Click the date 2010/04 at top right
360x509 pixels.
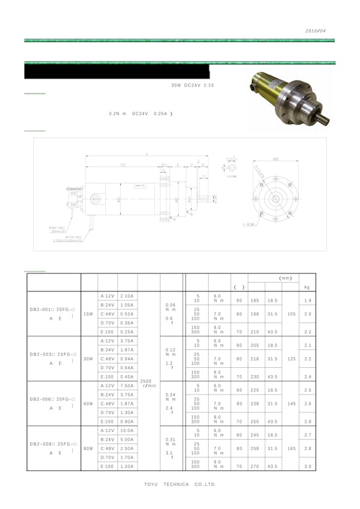(316, 31)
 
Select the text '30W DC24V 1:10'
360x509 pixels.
(192, 86)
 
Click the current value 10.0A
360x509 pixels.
(127, 431)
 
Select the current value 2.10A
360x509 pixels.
(127, 296)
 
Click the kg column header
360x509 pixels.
(307, 287)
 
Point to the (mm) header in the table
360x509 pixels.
(284, 277)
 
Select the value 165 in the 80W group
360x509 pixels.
(291, 449)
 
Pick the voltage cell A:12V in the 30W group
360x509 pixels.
(107, 341)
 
